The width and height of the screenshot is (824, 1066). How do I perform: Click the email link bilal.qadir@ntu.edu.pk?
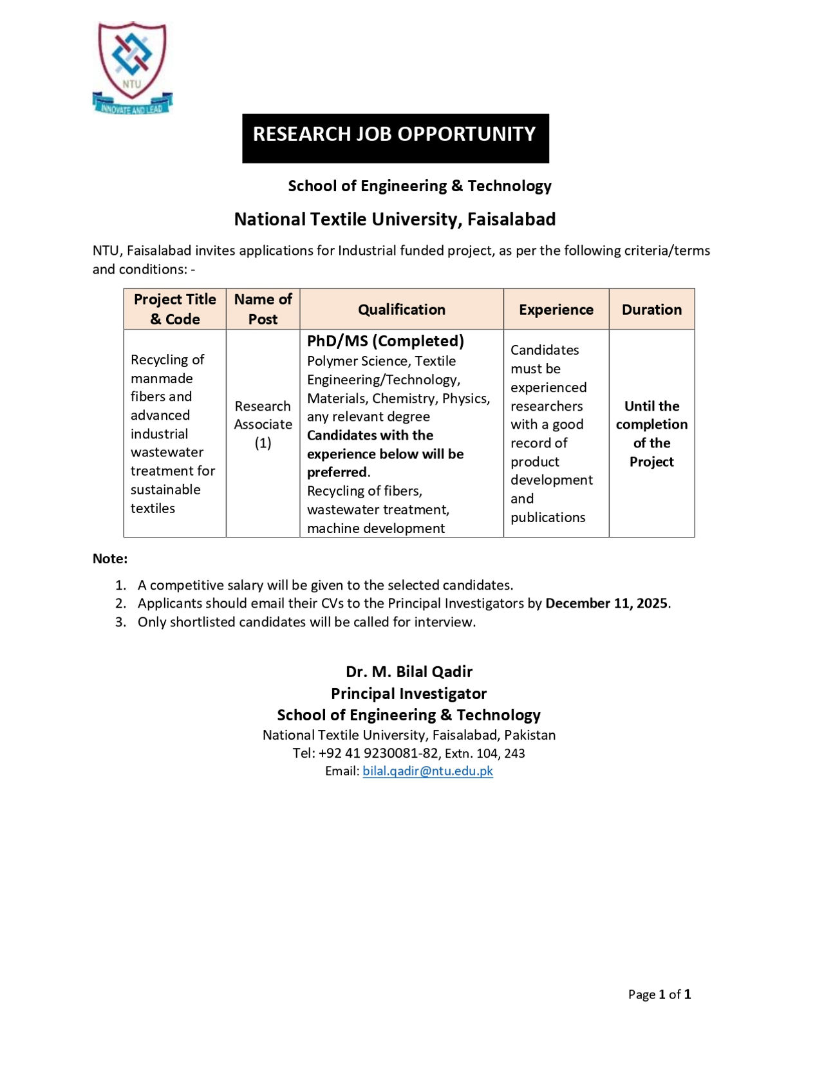(427, 771)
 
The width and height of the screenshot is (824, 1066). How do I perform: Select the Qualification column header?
(401, 310)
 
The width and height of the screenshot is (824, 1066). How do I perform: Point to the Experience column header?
(556, 310)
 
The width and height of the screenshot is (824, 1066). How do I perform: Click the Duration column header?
(651, 310)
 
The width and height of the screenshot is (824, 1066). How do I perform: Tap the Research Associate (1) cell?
(263, 424)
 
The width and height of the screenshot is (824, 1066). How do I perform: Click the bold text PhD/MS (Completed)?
(385, 341)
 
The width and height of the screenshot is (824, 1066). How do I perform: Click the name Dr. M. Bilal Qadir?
(409, 672)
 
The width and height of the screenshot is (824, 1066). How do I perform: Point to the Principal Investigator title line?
(409, 693)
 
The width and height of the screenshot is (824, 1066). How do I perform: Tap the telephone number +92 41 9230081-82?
(378, 753)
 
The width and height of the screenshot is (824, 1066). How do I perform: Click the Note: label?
(110, 559)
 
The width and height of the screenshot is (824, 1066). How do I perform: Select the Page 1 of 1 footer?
(659, 995)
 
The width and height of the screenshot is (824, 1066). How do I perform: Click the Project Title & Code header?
(174, 309)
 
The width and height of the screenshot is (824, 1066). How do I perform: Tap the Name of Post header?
(263, 309)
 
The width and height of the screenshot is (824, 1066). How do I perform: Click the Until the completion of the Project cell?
(651, 433)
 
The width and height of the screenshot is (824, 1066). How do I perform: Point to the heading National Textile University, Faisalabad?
(395, 220)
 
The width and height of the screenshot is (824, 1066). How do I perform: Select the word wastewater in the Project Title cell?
(167, 453)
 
